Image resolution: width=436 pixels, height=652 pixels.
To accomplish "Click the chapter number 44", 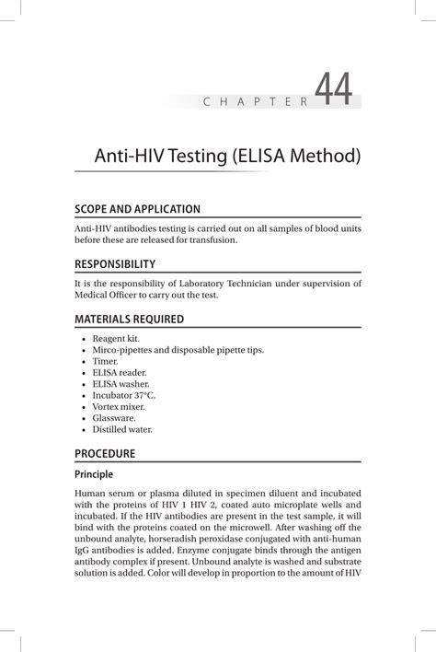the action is tap(333, 90).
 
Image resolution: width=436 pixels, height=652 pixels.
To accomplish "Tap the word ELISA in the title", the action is tap(264, 157).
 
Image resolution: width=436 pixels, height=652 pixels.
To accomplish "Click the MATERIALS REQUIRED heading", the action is tap(130, 320).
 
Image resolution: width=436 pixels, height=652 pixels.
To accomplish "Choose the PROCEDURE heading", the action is tap(106, 454).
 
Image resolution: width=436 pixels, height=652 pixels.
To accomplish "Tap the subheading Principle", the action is tap(94, 475).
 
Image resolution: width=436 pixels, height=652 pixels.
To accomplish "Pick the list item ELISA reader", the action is tap(120, 373).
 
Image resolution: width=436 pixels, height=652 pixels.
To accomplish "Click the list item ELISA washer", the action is tap(120, 384).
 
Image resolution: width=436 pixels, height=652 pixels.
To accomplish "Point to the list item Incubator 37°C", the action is tap(124, 395).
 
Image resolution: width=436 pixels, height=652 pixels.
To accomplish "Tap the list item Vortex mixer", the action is tap(119, 406).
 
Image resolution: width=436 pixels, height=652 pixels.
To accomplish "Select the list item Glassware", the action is tap(114, 417).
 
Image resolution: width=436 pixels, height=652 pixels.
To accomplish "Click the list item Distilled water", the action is tap(122, 428).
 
